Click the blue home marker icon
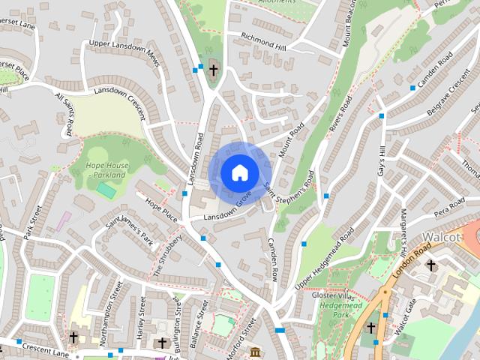pyautogui.click(x=239, y=172)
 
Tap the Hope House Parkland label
pyautogui.click(x=106, y=170)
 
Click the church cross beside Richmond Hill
pyautogui.click(x=213, y=70)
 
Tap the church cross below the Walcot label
pyautogui.click(x=431, y=265)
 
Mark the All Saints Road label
pyautogui.click(x=64, y=113)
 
